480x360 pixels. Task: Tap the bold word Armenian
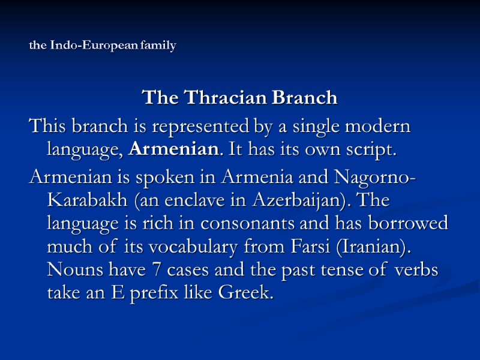pyautogui.click(x=167, y=149)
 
